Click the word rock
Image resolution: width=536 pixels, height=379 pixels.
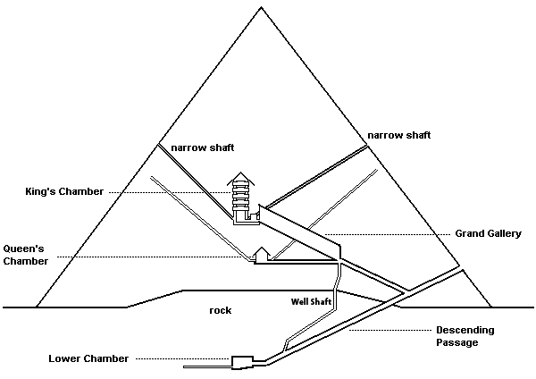(221, 310)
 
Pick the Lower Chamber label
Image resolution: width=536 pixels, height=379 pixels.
(88, 358)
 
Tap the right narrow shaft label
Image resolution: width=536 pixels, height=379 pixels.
(399, 135)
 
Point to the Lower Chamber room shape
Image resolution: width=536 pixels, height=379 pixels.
(242, 362)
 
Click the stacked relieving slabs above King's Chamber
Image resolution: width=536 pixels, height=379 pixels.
(241, 196)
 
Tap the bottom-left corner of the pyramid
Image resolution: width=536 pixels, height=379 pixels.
(36, 307)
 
